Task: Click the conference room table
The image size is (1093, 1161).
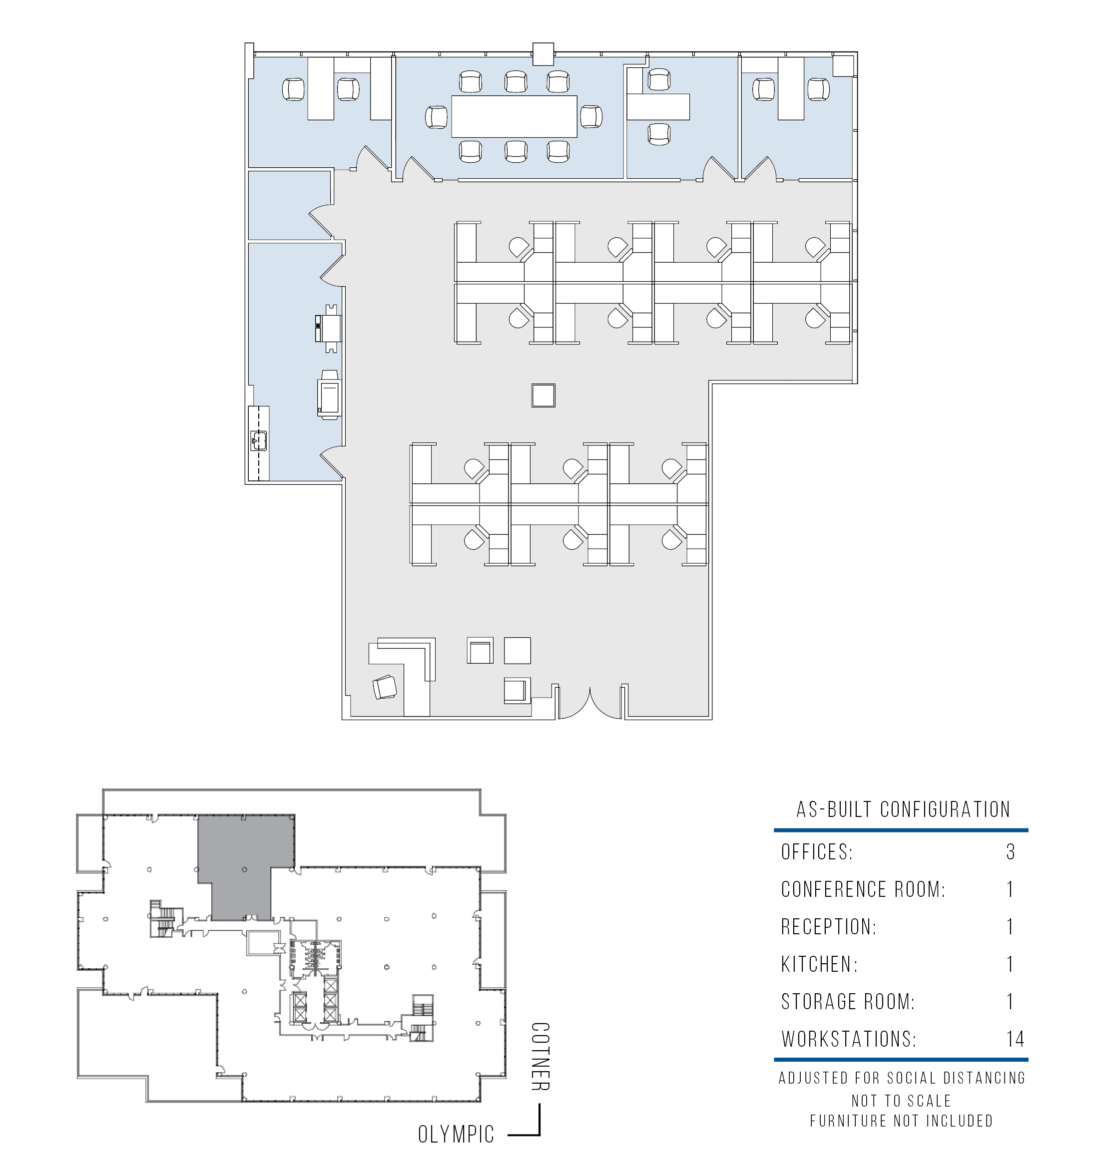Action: pos(514,116)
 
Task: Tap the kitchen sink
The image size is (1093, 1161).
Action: pos(259,440)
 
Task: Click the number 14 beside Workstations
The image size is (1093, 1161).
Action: pos(1015,1038)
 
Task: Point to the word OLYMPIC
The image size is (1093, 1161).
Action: pos(456,1134)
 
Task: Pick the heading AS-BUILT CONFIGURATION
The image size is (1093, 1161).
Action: pos(903,809)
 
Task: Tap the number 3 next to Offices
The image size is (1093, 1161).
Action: pos(1011,852)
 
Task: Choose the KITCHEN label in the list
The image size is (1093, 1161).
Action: pos(820,964)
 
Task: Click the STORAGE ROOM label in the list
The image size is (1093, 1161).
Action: pos(848,1002)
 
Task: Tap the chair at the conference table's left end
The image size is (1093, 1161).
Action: pos(437,117)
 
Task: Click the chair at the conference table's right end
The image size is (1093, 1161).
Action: pos(591,117)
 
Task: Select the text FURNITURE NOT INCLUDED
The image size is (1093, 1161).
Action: pos(901,1121)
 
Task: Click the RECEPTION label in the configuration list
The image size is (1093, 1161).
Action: pos(829,927)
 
